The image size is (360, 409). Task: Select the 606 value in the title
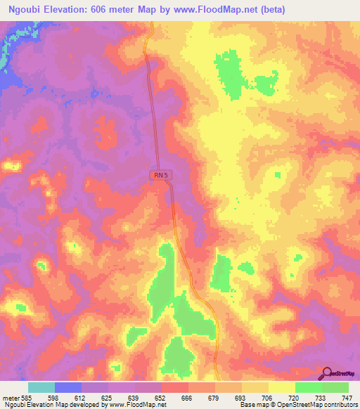[x=121, y=10]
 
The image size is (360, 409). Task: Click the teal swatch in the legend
[x=41, y=387]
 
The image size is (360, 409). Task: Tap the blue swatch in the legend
[x=68, y=387]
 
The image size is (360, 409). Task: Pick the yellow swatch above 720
[x=282, y=387]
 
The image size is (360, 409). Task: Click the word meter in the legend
[x=10, y=398]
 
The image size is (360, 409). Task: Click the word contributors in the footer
[x=339, y=405]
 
